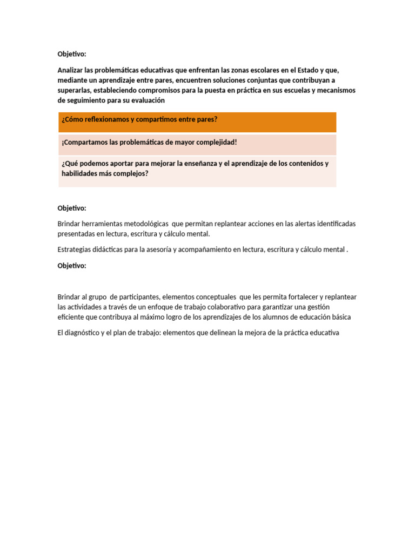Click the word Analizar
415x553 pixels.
(71, 70)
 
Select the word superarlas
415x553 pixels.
(74, 90)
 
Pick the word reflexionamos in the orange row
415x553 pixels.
(107, 119)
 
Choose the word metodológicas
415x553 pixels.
(147, 224)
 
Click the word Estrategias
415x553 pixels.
(74, 249)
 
